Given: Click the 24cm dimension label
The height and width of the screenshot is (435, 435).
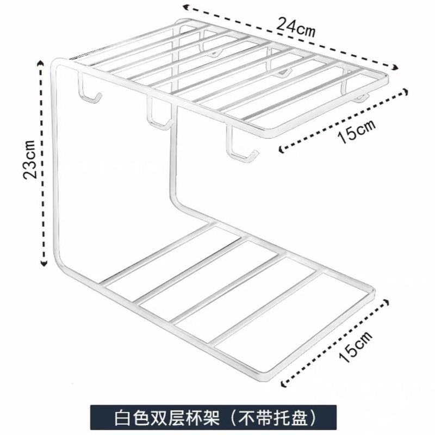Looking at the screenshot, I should click(x=296, y=25).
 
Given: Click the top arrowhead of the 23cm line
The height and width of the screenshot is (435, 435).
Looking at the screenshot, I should click(x=41, y=64).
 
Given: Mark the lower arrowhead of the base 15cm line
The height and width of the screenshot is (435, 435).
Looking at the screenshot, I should click(x=284, y=384).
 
